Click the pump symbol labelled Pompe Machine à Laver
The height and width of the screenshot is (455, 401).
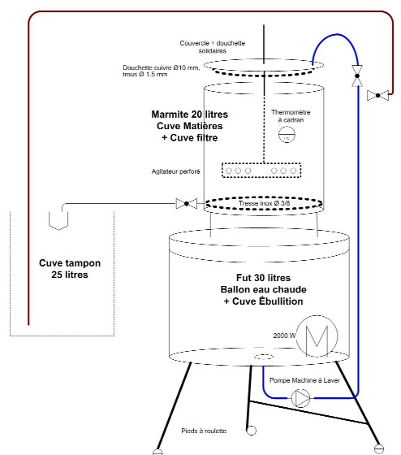pyautogui.click(x=300, y=398)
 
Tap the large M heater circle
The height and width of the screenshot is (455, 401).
pyautogui.click(x=317, y=336)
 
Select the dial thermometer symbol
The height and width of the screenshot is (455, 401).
pyautogui.click(x=287, y=135)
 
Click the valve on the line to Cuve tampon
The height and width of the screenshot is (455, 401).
pyautogui.click(x=187, y=204)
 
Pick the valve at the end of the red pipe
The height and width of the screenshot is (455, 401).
pyautogui.click(x=377, y=95)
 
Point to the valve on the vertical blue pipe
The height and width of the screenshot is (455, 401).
pyautogui.click(x=357, y=76)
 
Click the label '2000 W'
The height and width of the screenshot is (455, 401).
pyautogui.click(x=284, y=336)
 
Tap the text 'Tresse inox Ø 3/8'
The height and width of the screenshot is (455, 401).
pyautogui.click(x=264, y=203)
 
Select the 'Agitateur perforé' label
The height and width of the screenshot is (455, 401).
pyautogui.click(x=175, y=171)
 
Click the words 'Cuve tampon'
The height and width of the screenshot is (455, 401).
pyautogui.click(x=70, y=263)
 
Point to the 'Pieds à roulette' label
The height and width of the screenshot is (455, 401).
pyautogui.click(x=204, y=431)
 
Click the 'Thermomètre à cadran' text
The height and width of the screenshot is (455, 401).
pyautogui.click(x=291, y=116)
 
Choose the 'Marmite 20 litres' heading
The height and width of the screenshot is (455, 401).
pyautogui.click(x=190, y=114)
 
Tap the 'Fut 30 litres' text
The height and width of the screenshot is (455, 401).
pyautogui.click(x=263, y=278)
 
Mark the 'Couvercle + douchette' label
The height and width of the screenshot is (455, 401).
pyautogui.click(x=212, y=43)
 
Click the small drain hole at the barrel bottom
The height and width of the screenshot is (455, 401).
pyautogui.click(x=264, y=357)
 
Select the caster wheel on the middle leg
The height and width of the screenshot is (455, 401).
pyautogui.click(x=251, y=431)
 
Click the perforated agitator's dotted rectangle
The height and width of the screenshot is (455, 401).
pyautogui.click(x=261, y=171)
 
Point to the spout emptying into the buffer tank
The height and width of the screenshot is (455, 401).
pyautogui.click(x=58, y=221)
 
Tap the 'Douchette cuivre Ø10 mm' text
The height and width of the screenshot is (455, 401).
pyautogui.click(x=162, y=67)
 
